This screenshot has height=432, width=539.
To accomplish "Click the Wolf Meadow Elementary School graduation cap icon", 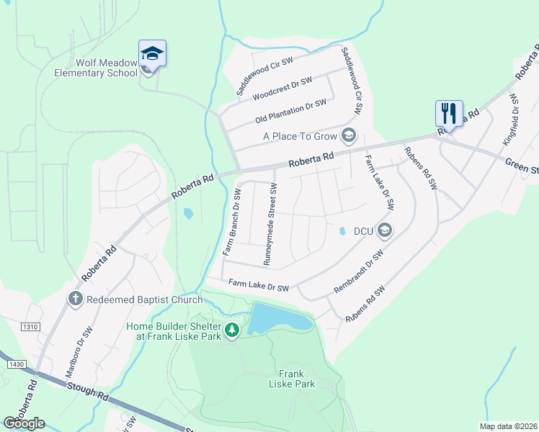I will tap(152, 53).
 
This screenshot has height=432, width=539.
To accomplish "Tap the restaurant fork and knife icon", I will tap(448, 112).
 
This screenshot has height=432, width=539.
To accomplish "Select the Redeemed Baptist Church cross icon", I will tap(75, 299).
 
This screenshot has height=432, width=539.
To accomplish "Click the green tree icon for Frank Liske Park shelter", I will tap(232, 330).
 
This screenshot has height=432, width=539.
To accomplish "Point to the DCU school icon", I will tap(384, 230).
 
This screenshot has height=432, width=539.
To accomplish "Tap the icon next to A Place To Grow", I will tap(349, 135).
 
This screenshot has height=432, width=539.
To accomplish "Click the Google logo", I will tap(24, 423).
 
